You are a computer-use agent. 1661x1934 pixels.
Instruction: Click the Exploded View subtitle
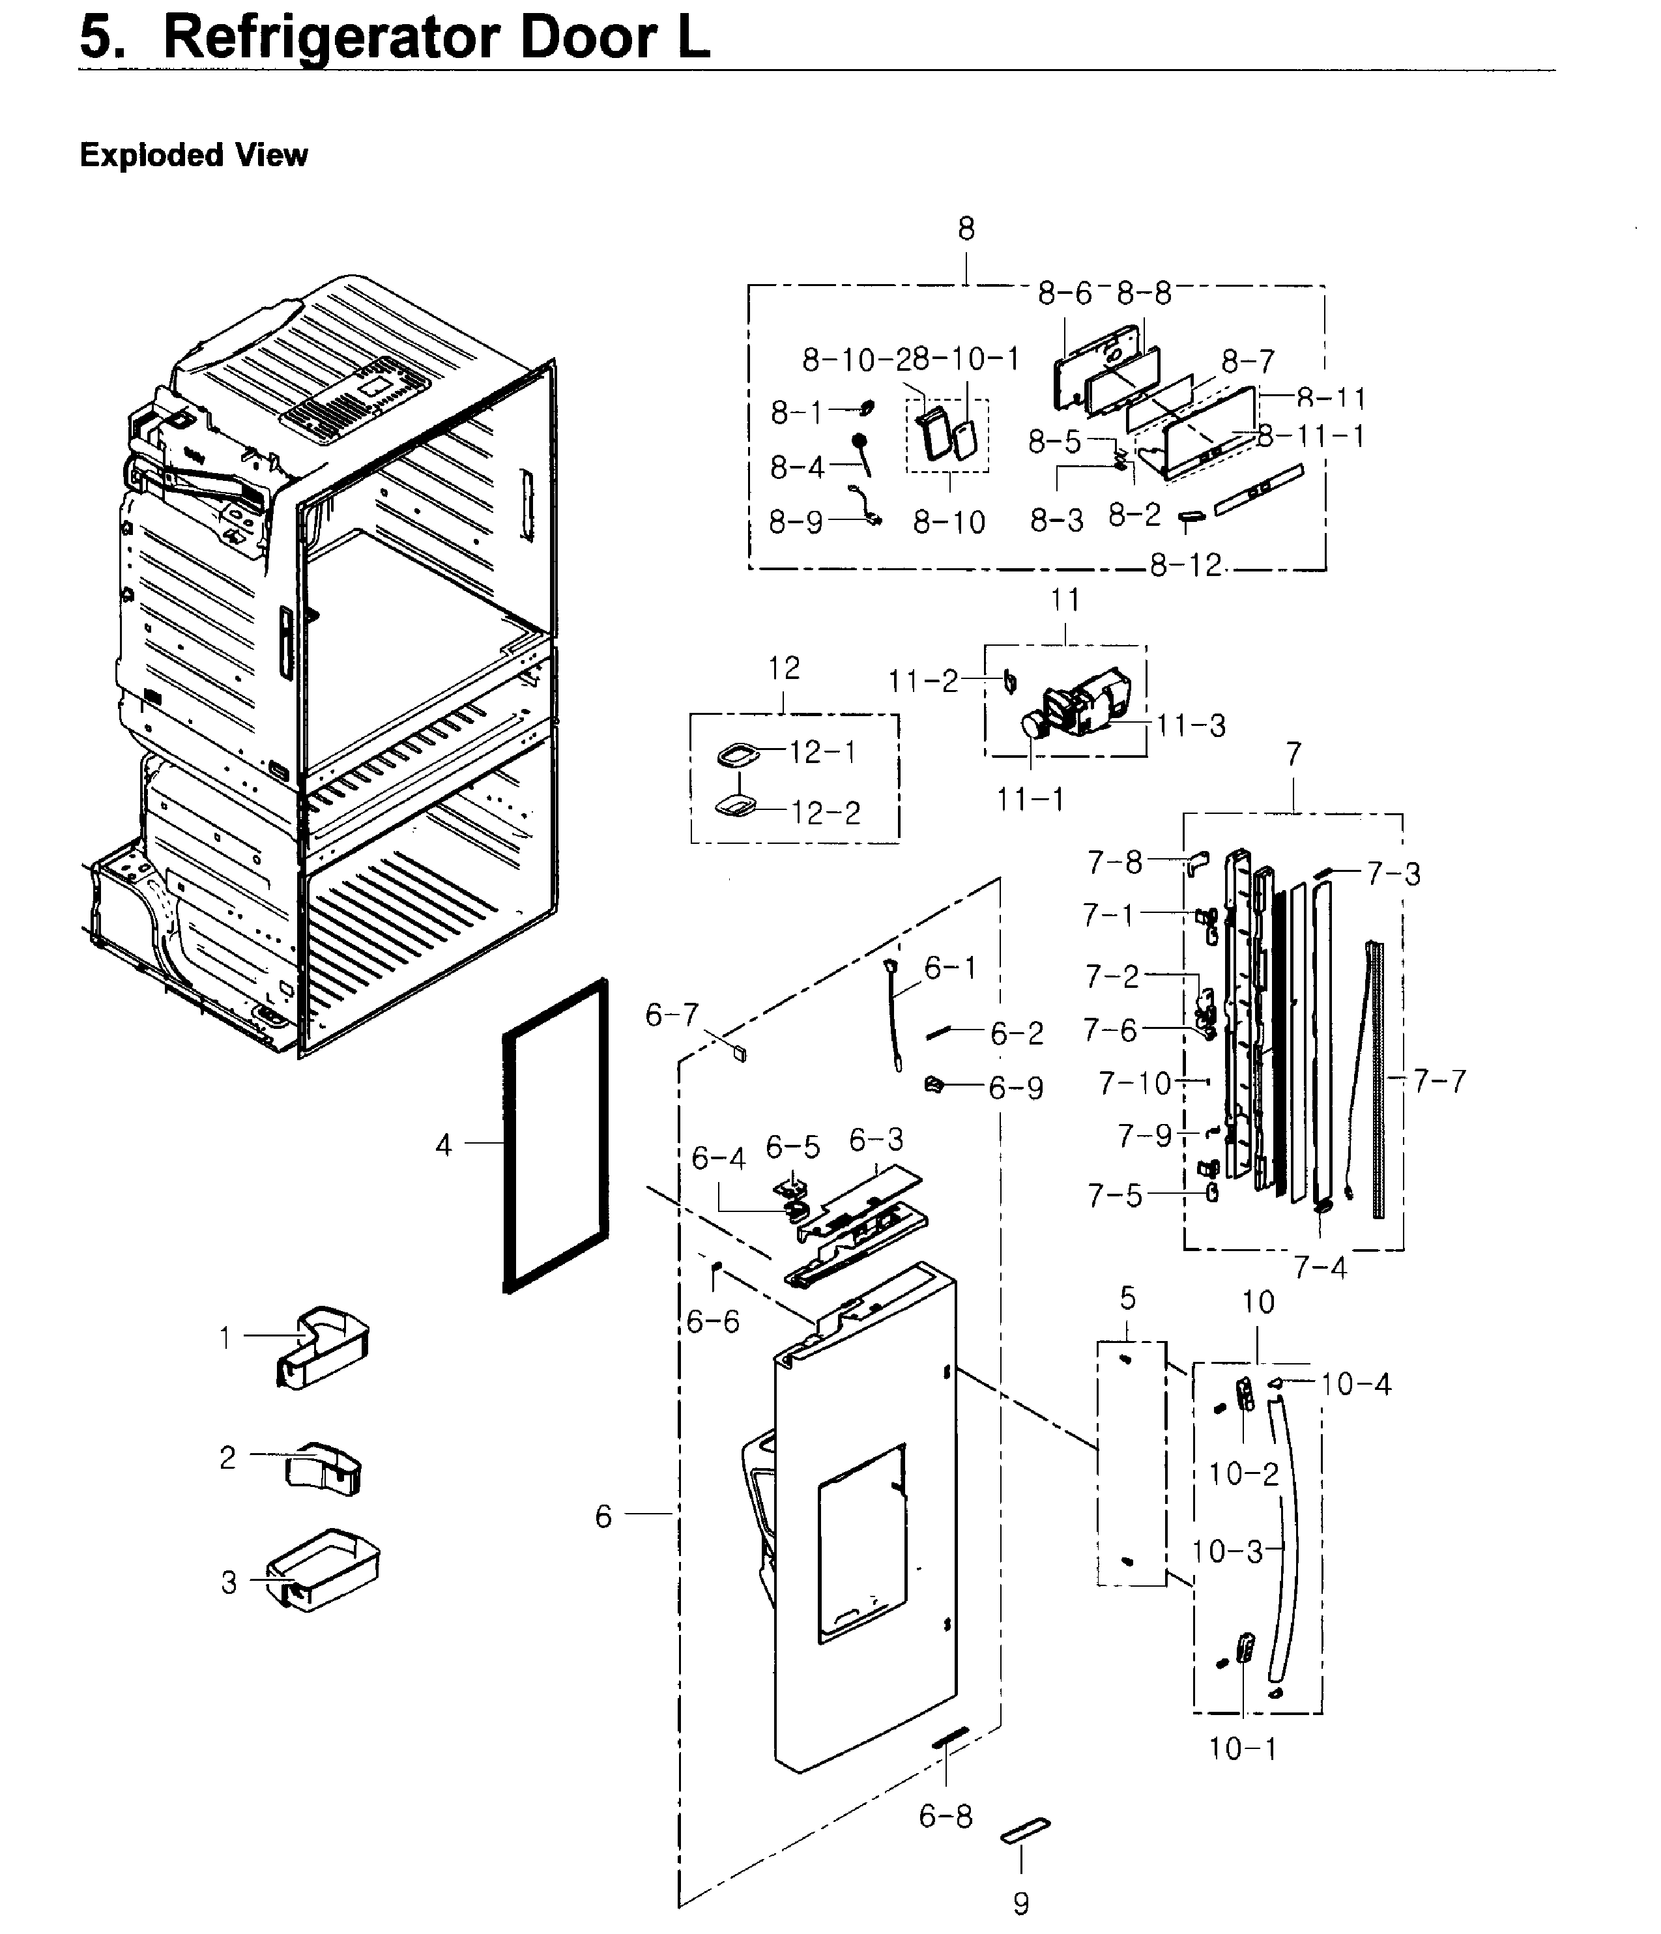194,155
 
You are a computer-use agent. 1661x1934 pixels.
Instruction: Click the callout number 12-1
822,753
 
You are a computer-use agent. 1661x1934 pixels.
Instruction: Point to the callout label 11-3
1191,725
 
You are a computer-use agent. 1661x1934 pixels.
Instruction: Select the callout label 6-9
1016,1088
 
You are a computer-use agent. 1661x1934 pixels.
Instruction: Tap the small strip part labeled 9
1024,1830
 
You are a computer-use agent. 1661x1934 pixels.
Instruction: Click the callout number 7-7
1439,1081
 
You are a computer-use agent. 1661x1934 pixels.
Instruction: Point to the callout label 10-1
1242,1748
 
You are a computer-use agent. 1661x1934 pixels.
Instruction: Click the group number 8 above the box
966,229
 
